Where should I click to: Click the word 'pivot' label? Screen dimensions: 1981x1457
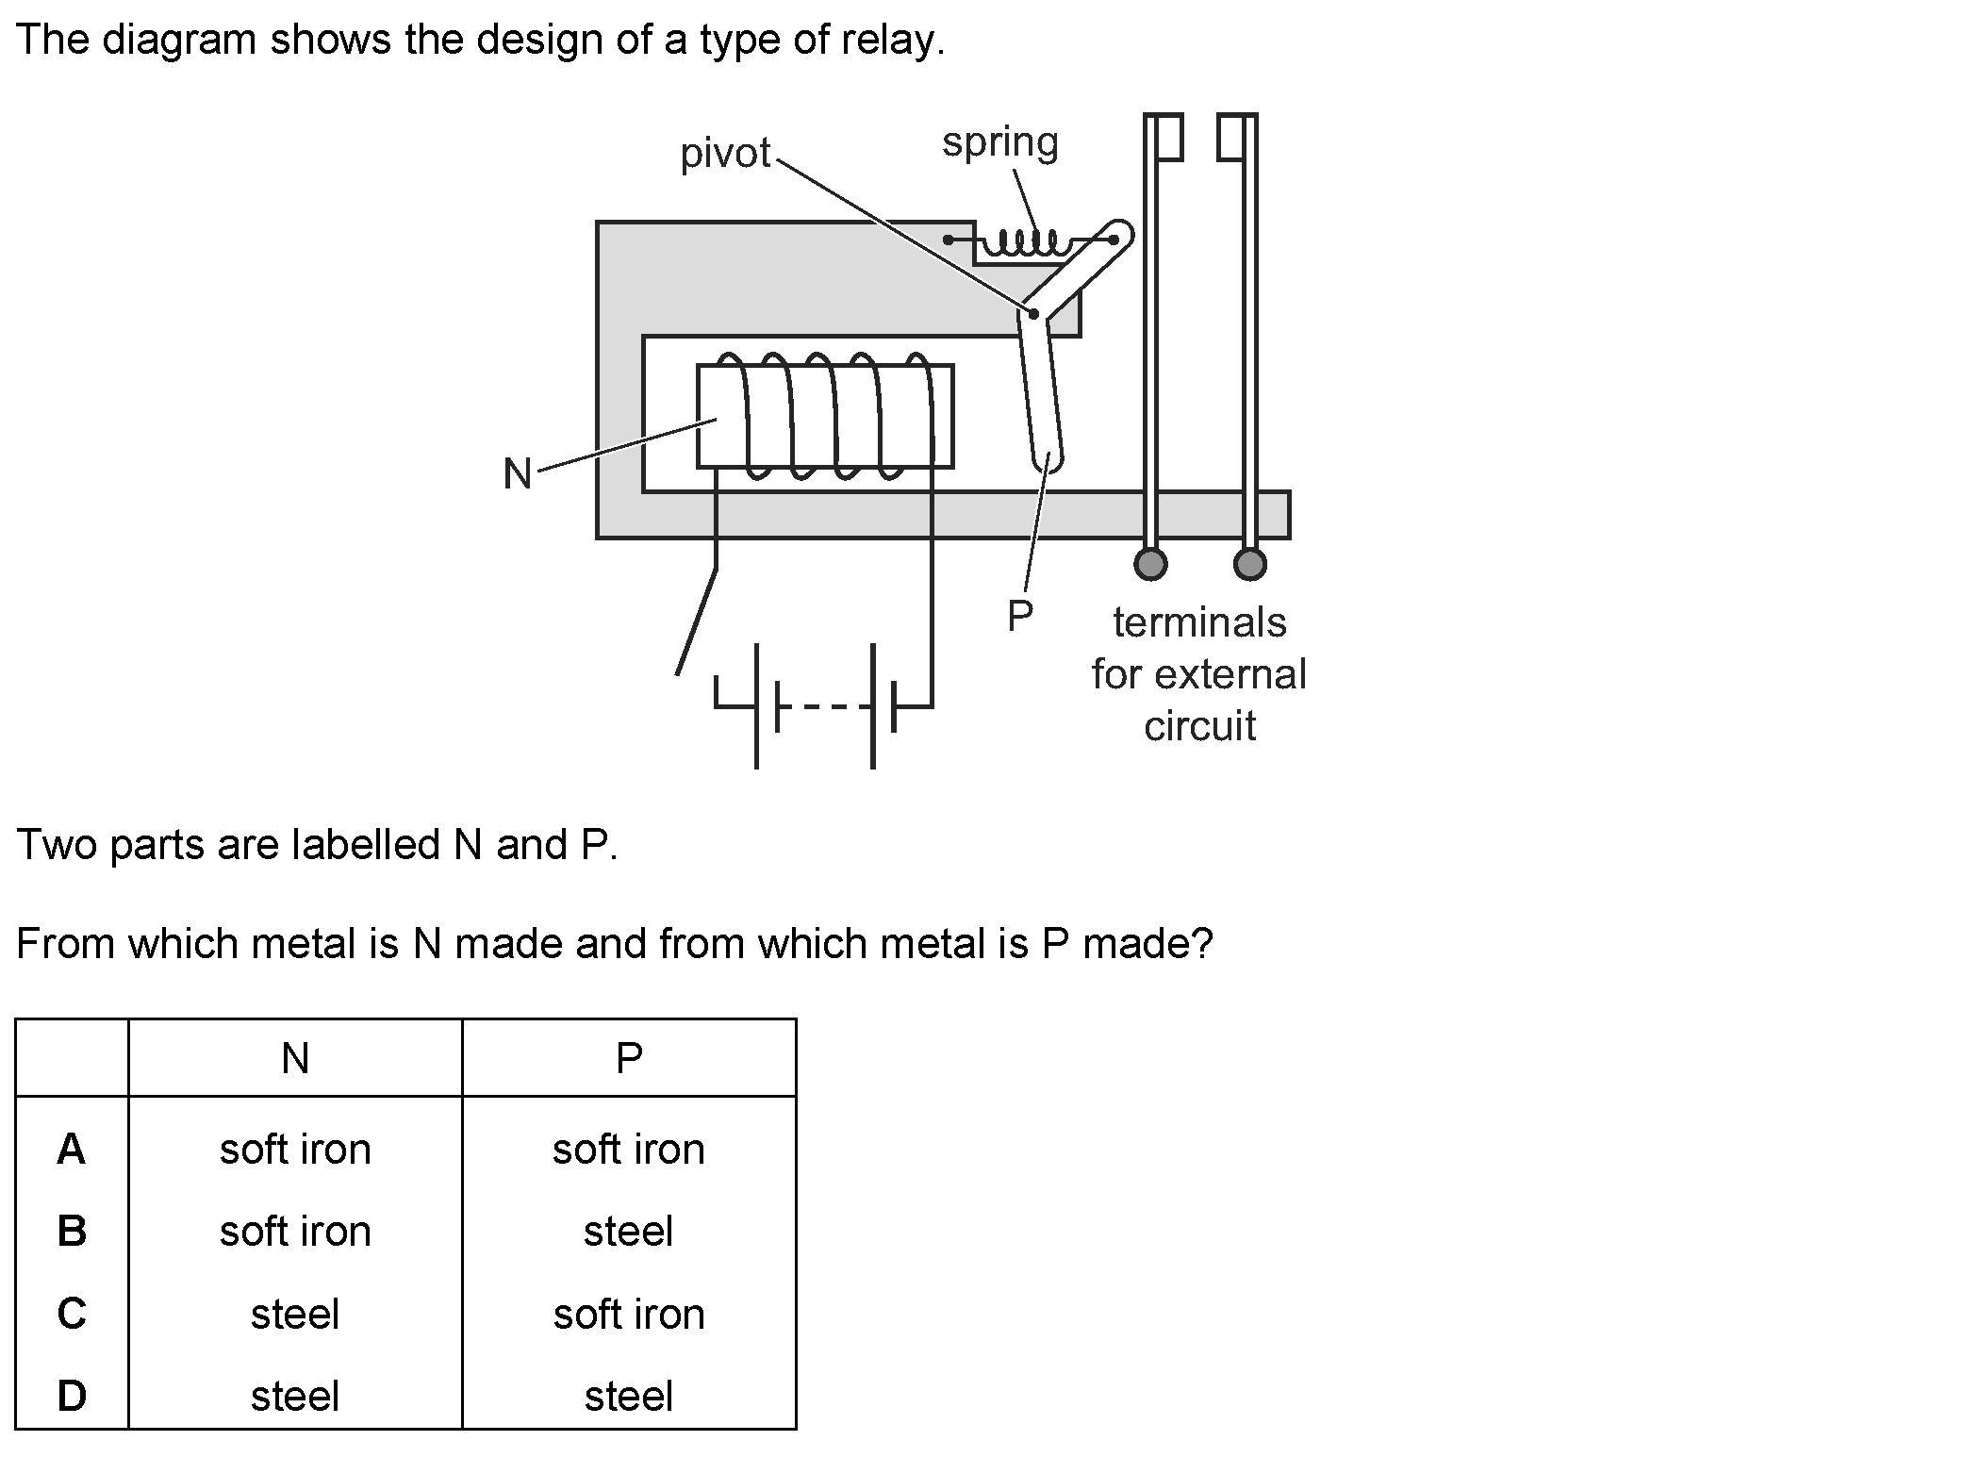(725, 153)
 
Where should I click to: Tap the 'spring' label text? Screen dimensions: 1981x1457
(1000, 143)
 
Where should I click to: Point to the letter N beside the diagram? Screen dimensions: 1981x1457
(518, 473)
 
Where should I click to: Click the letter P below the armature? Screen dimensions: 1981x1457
(1020, 617)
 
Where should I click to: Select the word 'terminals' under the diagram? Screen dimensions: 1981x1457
(1199, 622)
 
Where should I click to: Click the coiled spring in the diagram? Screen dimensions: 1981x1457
(1024, 243)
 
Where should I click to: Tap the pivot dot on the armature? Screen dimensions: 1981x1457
(1033, 313)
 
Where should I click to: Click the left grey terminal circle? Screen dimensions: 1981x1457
(1150, 564)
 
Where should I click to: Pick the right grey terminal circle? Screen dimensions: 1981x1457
(1250, 564)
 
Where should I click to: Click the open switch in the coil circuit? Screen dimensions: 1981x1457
(697, 622)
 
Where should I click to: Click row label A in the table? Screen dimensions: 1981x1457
(72, 1150)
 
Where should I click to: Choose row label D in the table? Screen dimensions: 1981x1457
(72, 1396)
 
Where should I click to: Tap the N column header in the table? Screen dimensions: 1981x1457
(295, 1059)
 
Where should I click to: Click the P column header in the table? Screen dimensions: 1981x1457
(629, 1059)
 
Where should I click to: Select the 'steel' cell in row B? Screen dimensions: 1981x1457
(629, 1232)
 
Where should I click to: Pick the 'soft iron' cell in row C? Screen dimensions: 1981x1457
(629, 1314)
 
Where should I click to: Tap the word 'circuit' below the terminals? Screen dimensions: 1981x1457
(1199, 726)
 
